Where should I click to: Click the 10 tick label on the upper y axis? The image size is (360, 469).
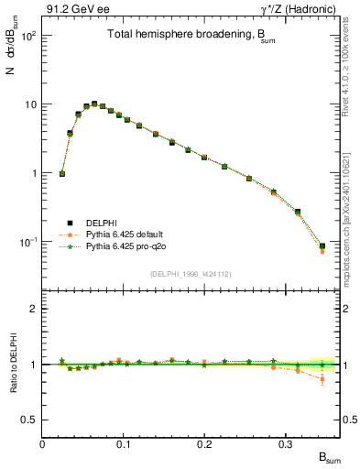(30, 104)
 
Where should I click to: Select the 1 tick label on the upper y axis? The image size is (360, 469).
(34, 173)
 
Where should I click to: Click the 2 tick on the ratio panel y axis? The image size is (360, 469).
(34, 309)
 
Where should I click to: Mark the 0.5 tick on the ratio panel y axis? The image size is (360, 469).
(30, 420)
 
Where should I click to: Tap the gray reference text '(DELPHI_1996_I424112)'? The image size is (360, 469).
(191, 273)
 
